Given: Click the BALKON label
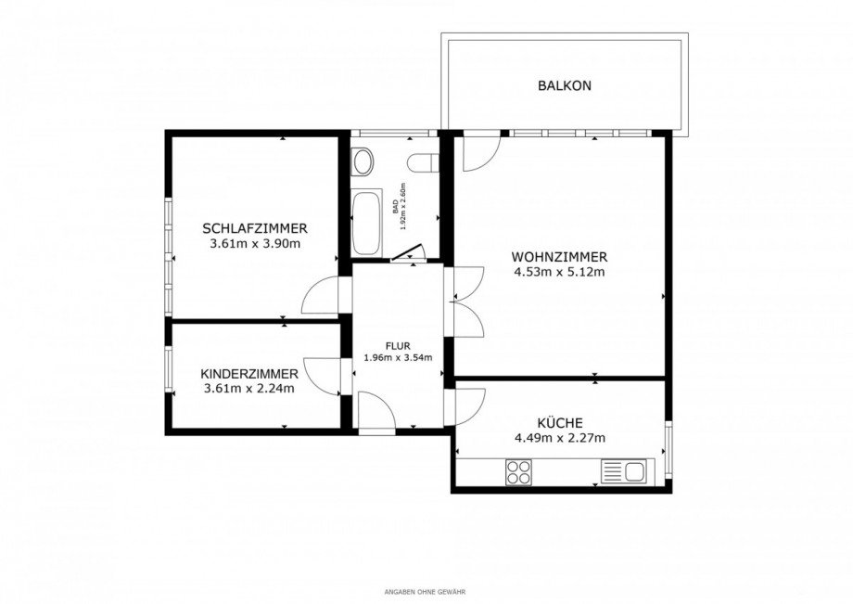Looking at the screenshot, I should click(x=564, y=86).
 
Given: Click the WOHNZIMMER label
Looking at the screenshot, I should click(x=559, y=257).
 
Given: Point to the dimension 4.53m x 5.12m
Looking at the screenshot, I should click(x=559, y=273).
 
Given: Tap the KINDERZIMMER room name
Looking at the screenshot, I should click(x=249, y=374).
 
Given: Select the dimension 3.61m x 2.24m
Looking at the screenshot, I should click(x=249, y=389).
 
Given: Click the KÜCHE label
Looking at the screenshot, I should click(x=559, y=423).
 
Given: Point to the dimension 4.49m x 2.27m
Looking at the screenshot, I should click(x=559, y=439).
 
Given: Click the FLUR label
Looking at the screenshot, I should click(x=398, y=345).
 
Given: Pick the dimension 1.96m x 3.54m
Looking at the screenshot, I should click(x=398, y=357).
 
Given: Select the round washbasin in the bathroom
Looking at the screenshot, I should click(x=363, y=163).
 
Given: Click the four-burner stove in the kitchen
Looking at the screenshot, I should click(x=518, y=472).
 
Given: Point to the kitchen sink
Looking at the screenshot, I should click(x=624, y=471).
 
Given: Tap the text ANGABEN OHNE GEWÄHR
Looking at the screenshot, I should click(x=426, y=591).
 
